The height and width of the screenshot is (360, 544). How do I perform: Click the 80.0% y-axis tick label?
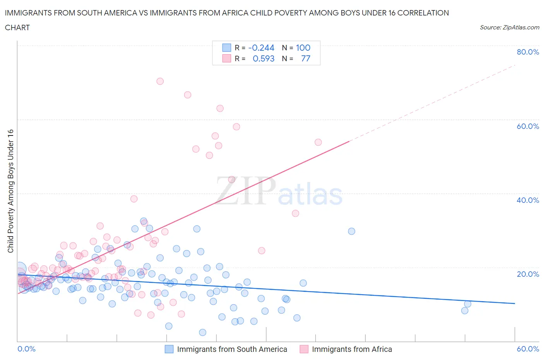pyautogui.click(x=528, y=52)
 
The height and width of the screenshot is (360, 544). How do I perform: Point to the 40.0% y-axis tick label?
pyautogui.click(x=528, y=200)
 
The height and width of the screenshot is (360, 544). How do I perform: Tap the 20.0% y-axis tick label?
pyautogui.click(x=528, y=274)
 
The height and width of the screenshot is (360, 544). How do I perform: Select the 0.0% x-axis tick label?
pyautogui.click(x=26, y=349)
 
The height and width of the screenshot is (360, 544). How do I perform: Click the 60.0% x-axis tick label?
pyautogui.click(x=528, y=349)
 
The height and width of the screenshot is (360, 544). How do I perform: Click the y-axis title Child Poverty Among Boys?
pyautogui.click(x=10, y=191)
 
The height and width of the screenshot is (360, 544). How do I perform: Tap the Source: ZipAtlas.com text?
pyautogui.click(x=509, y=27)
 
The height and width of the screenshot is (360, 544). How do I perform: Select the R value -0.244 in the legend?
pyautogui.click(x=261, y=48)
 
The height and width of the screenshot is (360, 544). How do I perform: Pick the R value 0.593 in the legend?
pyautogui.click(x=263, y=58)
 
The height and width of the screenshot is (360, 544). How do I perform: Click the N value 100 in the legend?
pyautogui.click(x=303, y=48)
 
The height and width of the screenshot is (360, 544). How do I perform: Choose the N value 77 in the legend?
pyautogui.click(x=306, y=58)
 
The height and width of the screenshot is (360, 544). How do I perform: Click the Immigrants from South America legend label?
pyautogui.click(x=232, y=349)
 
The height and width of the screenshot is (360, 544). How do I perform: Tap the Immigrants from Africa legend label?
pyautogui.click(x=352, y=349)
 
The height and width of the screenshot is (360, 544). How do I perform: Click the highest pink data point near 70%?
pyautogui.click(x=160, y=81)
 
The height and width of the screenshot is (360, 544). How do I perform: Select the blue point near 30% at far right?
pyautogui.click(x=351, y=231)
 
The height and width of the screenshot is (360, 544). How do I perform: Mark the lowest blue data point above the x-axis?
pyautogui.click(x=202, y=332)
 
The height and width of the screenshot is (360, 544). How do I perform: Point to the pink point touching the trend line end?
pyautogui.click(x=318, y=142)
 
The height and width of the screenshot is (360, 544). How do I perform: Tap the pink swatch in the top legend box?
pyautogui.click(x=226, y=58)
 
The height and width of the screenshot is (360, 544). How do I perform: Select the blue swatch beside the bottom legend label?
pyautogui.click(x=169, y=349)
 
